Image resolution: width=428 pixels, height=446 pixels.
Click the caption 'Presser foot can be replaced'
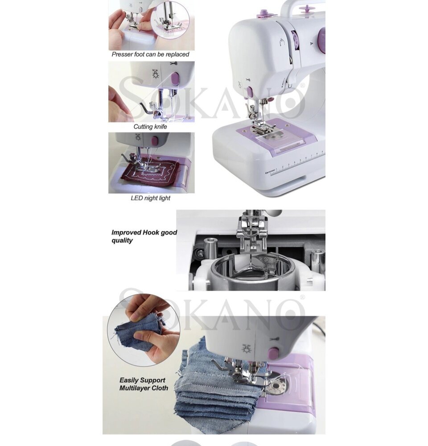pyautogui.click(x=150, y=54)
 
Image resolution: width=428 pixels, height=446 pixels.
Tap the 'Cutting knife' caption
pyautogui.click(x=150, y=127)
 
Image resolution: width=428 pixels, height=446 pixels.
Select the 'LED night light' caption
pyautogui.click(x=150, y=198)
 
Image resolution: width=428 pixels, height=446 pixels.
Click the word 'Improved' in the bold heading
pyautogui.click(x=126, y=233)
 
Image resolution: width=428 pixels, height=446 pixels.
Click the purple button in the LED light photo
pyautogui.click(x=155, y=140)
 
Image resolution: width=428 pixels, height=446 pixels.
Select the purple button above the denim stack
pyautogui.click(x=273, y=353)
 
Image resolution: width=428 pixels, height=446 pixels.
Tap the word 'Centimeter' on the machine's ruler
pyautogui.click(x=271, y=172)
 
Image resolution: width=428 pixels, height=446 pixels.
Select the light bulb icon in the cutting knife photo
pyautogui.click(x=155, y=74)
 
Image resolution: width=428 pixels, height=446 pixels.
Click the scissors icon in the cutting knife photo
pyautogui.click(x=174, y=63)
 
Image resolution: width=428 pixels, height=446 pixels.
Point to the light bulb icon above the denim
pyautogui.click(x=246, y=349)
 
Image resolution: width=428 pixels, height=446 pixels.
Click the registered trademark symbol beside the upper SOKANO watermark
pyautogui.click(x=303, y=85)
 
